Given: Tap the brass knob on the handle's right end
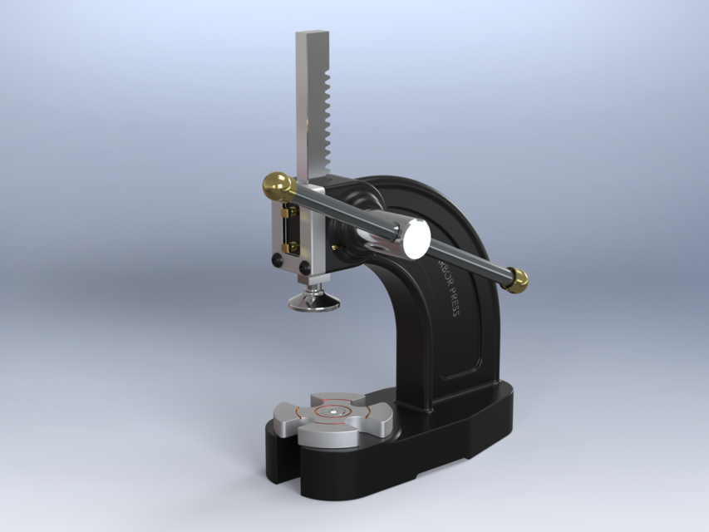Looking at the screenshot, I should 518,281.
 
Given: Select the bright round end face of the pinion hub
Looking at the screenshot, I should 413,238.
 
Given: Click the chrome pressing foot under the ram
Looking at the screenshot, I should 313,301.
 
